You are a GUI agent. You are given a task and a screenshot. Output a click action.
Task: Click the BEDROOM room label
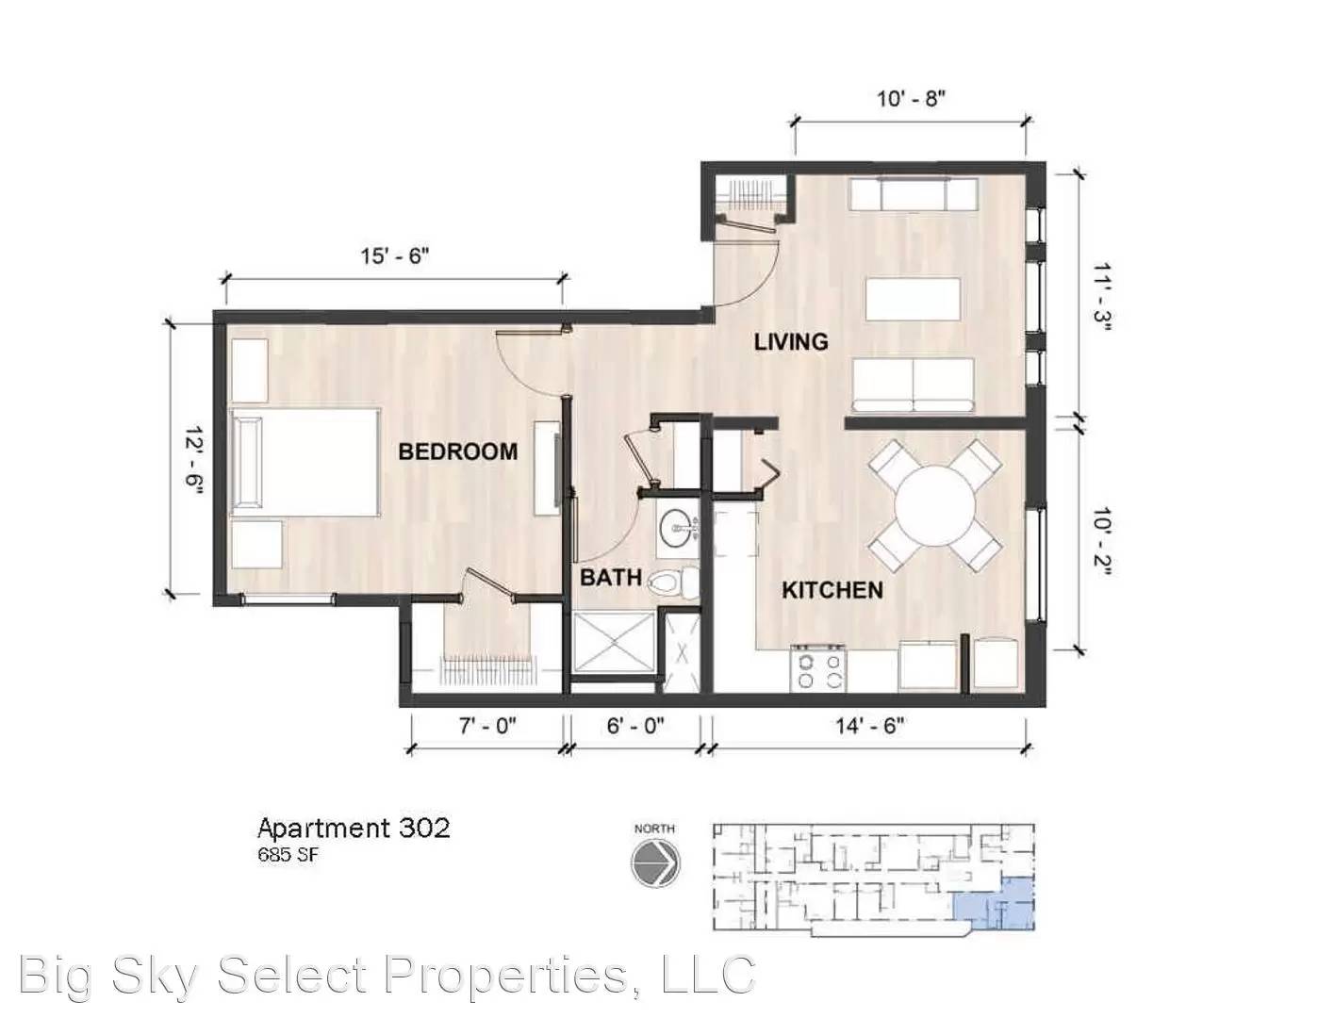tap(458, 452)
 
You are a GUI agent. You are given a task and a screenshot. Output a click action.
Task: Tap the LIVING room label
tap(791, 342)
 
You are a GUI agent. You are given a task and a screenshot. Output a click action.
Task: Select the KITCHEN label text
tap(832, 590)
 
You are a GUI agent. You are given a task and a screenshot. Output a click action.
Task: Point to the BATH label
tap(611, 577)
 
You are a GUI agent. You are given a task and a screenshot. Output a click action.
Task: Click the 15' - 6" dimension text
tap(394, 255)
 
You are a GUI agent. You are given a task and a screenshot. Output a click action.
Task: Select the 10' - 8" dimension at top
tap(911, 98)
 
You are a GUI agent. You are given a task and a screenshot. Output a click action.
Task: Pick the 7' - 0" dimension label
tap(487, 726)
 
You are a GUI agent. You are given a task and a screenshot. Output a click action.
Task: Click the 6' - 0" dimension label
tap(635, 726)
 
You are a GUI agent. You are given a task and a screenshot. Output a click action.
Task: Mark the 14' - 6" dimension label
tap(869, 726)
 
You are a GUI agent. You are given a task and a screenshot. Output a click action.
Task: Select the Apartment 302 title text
tap(354, 829)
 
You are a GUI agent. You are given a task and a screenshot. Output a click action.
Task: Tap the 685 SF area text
tap(288, 856)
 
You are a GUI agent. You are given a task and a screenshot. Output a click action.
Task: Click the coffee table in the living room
tap(914, 300)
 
